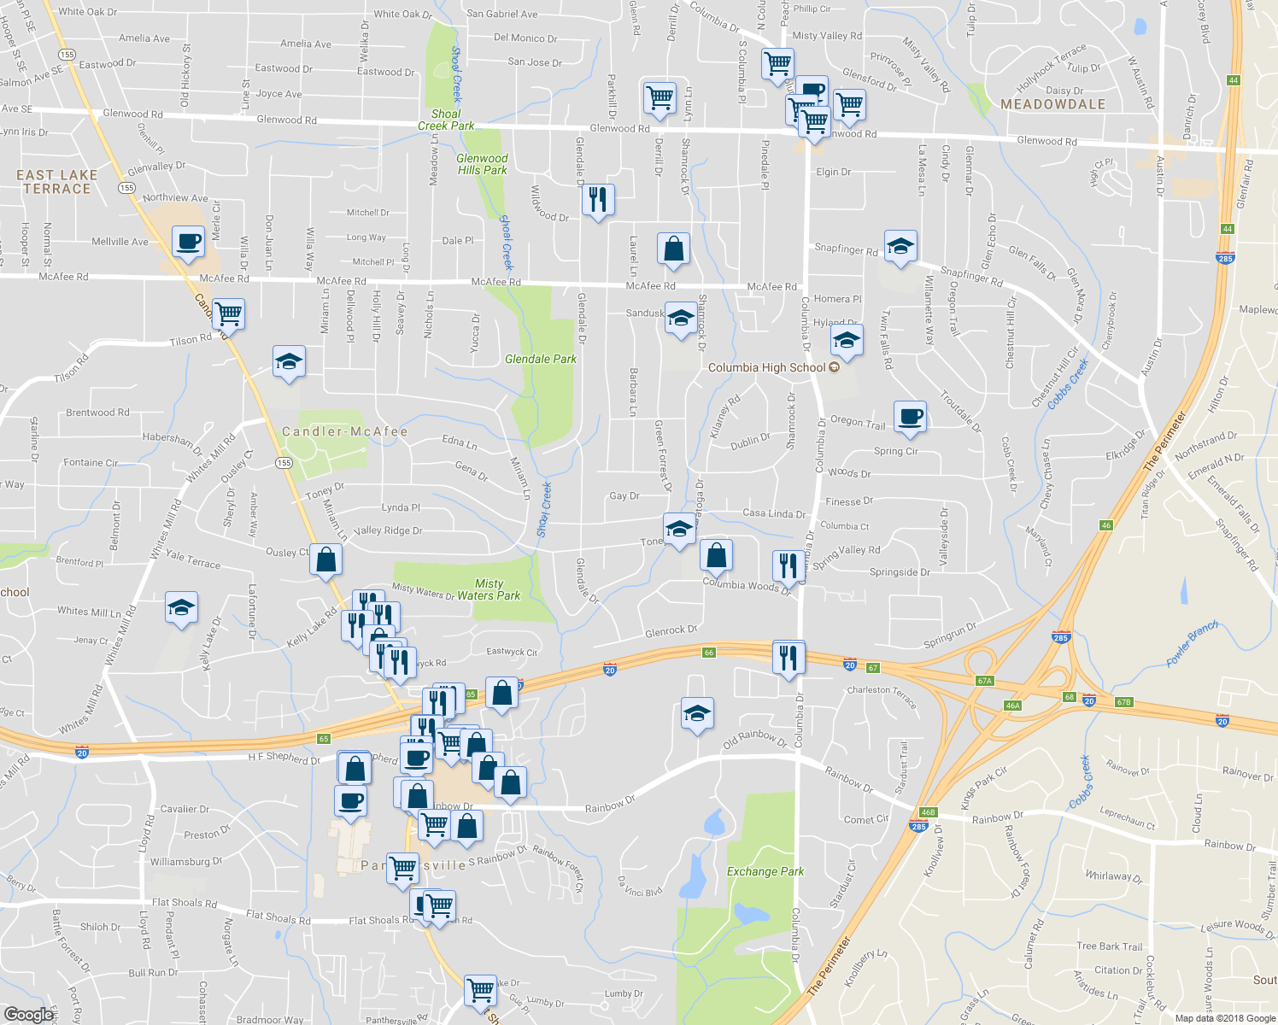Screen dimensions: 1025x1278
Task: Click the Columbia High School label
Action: [767, 367]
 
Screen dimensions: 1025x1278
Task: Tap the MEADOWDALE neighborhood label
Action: [1052, 104]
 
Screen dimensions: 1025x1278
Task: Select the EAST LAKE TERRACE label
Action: [57, 182]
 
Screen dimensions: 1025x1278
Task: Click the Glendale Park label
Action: [540, 359]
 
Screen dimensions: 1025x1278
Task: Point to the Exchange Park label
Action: [765, 871]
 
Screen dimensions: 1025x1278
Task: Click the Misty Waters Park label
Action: [489, 589]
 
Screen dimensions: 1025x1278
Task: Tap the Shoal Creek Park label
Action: [446, 120]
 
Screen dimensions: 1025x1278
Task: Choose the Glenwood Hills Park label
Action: [482, 164]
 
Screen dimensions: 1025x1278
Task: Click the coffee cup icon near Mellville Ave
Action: [188, 241]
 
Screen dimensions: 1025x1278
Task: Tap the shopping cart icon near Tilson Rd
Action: [228, 313]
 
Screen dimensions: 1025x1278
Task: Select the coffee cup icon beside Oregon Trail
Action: [911, 416]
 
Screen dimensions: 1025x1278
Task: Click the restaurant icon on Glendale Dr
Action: [598, 200]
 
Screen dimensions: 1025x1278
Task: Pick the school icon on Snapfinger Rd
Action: [900, 247]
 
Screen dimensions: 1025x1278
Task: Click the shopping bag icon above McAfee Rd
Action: [674, 249]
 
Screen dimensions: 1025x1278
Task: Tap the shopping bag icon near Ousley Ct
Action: [325, 559]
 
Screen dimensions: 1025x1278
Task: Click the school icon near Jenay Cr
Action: [181, 607]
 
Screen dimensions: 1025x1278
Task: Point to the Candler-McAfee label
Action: [345, 431]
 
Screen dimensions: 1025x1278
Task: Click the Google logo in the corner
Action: [28, 1014]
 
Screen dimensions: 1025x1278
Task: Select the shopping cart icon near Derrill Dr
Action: [660, 97]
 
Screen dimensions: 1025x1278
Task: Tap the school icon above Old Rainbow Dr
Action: [697, 713]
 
